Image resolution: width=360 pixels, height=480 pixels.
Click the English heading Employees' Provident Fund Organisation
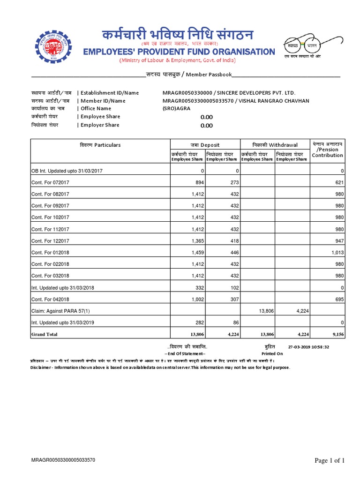click(179, 52)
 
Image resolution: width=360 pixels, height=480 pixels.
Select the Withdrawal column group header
click(274, 145)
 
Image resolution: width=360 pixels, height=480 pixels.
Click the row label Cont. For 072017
click(50, 182)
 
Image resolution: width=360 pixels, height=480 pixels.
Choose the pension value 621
click(339, 182)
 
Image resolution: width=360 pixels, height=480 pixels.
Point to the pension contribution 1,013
click(337, 252)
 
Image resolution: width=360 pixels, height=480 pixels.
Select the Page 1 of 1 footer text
click(329, 461)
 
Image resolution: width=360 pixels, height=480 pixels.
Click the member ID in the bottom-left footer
click(63, 460)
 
